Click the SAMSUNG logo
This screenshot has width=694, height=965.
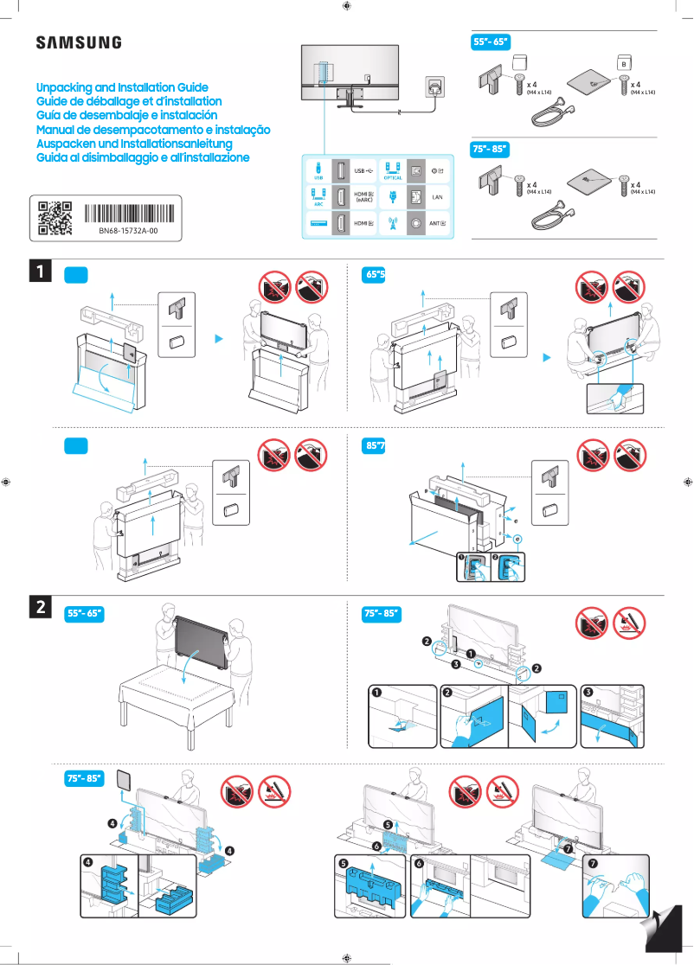pos(78,42)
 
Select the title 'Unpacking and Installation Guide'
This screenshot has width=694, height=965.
pos(122,88)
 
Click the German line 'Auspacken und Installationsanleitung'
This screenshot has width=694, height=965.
pos(134,144)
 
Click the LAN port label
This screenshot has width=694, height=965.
pos(437,198)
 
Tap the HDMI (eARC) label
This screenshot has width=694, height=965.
pos(364,198)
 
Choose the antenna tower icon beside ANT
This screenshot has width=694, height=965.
pos(392,224)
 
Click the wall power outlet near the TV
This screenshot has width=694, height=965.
pos(435,86)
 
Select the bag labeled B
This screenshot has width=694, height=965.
pos(623,63)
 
